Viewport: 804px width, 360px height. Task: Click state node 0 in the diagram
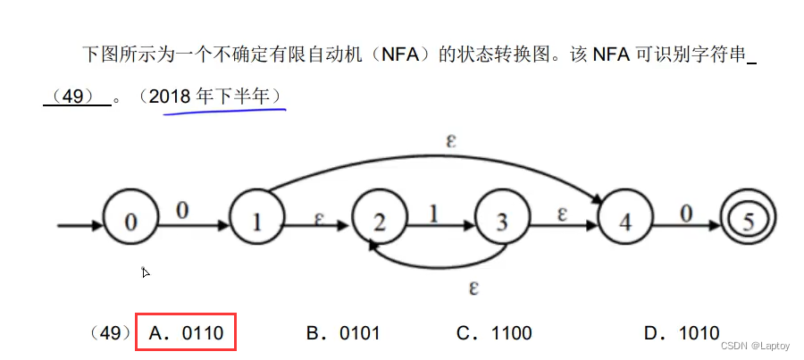point(130,221)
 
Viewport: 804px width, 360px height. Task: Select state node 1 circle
point(256,221)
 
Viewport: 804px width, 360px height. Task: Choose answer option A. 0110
point(186,333)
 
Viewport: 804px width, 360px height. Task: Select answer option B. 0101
point(343,333)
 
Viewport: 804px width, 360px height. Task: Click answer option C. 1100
point(494,333)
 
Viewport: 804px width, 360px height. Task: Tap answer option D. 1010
point(681,333)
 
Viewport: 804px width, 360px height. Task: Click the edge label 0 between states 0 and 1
point(181,210)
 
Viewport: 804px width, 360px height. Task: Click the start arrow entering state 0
point(79,222)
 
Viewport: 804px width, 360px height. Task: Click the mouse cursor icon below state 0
point(146,272)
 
